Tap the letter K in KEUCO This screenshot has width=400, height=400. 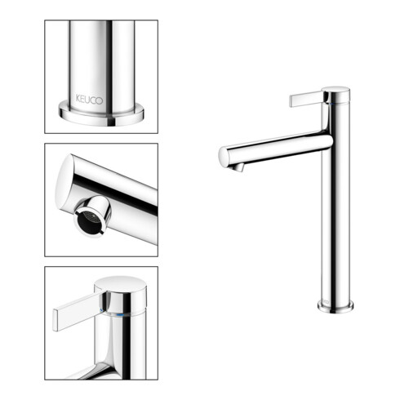pos(78,98)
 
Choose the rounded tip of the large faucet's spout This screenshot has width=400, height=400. pos(224,157)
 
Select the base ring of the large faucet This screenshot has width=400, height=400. pos(335,307)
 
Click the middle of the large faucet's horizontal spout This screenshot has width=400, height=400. pos(278,149)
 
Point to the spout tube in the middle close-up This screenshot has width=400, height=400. pos(122,184)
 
